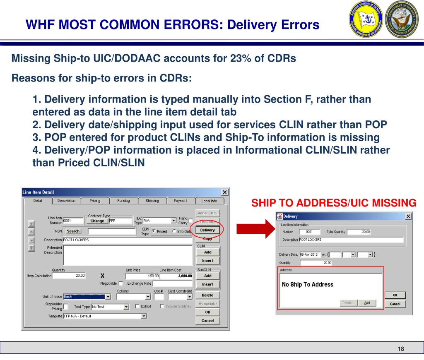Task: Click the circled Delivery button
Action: pyautogui.click(x=207, y=230)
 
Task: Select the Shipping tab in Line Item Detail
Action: pyautogui.click(x=152, y=201)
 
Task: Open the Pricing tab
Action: pyautogui.click(x=95, y=201)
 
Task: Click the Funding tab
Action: pyautogui.click(x=123, y=201)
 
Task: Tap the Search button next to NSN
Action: pyautogui.click(x=73, y=231)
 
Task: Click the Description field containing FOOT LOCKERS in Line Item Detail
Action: pyautogui.click(x=127, y=240)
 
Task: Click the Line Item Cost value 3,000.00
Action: pyautogui.click(x=176, y=276)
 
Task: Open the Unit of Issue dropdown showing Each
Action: pyautogui.click(x=108, y=297)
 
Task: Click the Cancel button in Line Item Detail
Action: pyautogui.click(x=207, y=321)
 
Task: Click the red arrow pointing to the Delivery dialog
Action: pyautogui.click(x=253, y=230)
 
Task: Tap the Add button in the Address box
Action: pyautogui.click(x=367, y=303)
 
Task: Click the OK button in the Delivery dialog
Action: pyautogui.click(x=395, y=295)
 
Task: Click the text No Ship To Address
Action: pyautogui.click(x=307, y=285)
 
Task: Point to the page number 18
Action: pyautogui.click(x=400, y=349)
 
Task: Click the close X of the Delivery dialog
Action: pyautogui.click(x=409, y=216)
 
